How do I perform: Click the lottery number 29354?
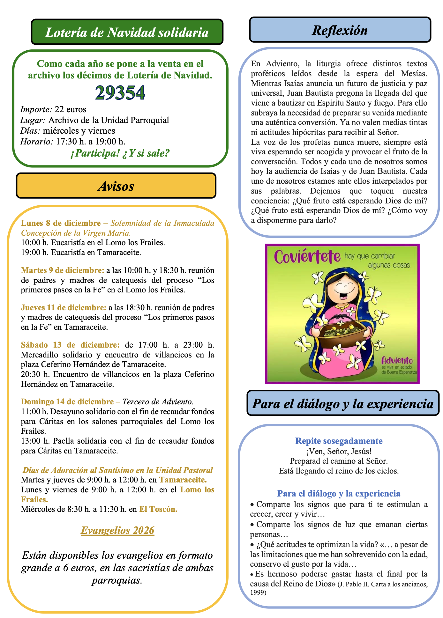point(120,93)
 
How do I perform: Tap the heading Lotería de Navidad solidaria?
point(127,32)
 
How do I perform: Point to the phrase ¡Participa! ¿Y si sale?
point(120,153)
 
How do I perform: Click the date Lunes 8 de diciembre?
point(61,223)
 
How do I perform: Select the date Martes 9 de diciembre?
point(63,270)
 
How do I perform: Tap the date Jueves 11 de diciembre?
point(64,308)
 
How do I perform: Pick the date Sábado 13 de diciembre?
point(70,345)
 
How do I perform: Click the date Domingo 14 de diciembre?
point(67,401)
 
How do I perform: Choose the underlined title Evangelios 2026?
point(117,530)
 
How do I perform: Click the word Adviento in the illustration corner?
point(397,361)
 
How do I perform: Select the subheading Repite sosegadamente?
point(339,441)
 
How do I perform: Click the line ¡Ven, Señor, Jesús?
point(339,451)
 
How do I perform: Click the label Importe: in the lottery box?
point(36,110)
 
